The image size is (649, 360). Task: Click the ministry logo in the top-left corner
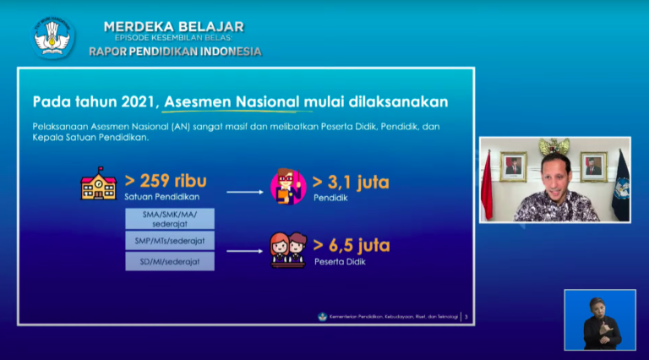pyautogui.click(x=53, y=36)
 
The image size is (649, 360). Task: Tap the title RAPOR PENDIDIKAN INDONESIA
pyautogui.click(x=175, y=52)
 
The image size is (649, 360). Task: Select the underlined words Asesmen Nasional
pyautogui.click(x=232, y=101)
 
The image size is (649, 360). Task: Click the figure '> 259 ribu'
pyautogui.click(x=166, y=181)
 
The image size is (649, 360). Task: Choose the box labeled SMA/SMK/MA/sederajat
pyautogui.click(x=169, y=219)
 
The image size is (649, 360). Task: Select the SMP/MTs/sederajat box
pyautogui.click(x=169, y=240)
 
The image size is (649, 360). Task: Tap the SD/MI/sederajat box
pyautogui.click(x=169, y=261)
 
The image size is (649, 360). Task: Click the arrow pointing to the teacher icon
pyautogui.click(x=244, y=192)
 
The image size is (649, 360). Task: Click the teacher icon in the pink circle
pyautogui.click(x=287, y=187)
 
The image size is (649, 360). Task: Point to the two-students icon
pyautogui.click(x=287, y=249)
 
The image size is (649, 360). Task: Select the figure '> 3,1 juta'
pyautogui.click(x=351, y=182)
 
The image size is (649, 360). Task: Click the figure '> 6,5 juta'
pyautogui.click(x=351, y=245)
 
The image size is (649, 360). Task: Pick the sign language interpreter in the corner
pyautogui.click(x=600, y=320)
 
